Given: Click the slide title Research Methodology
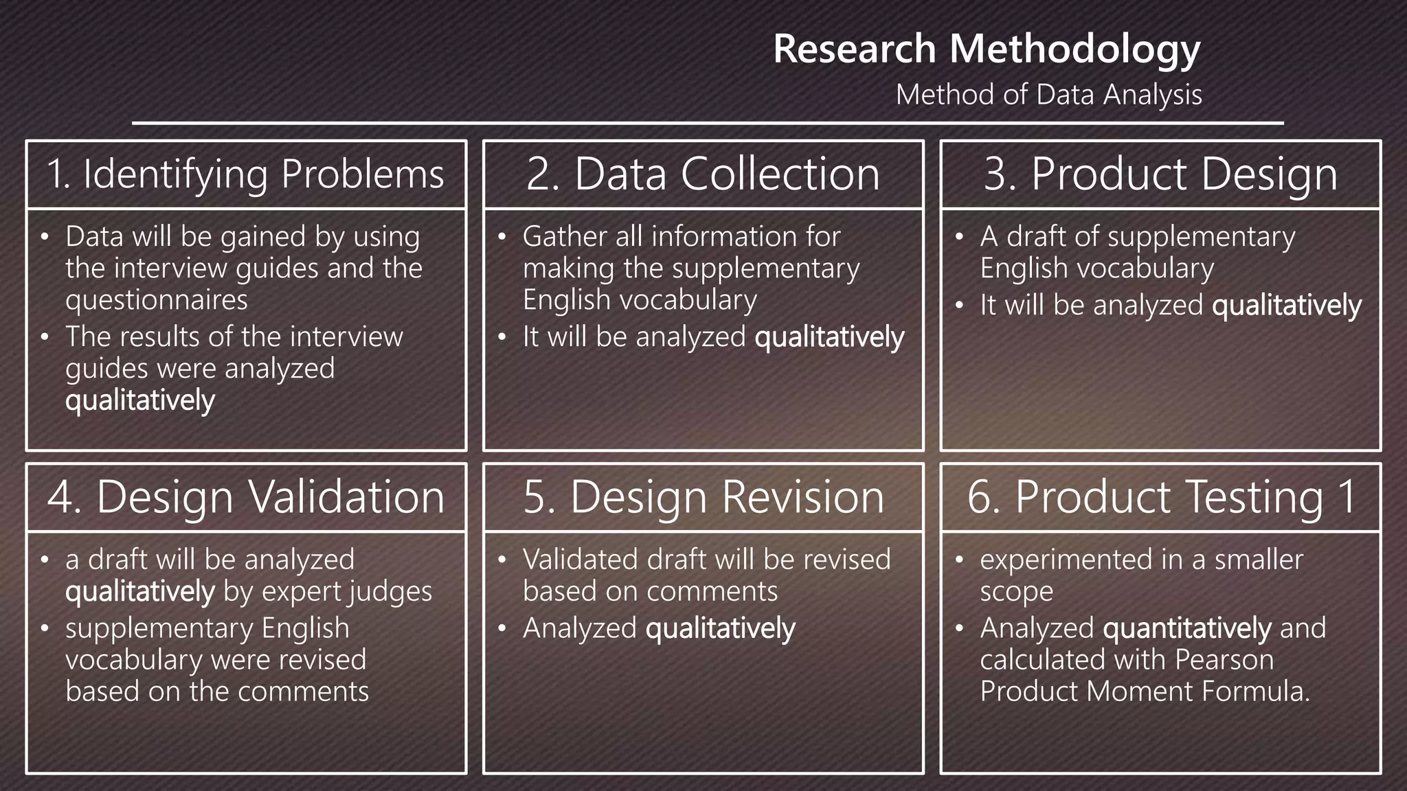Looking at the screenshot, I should pos(987,49).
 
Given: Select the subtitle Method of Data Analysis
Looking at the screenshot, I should pos(1048,95).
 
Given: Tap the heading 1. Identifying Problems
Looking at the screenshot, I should pos(245,174).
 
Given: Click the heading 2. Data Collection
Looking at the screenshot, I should pos(703,174).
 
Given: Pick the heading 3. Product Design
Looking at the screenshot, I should pos(1160,174).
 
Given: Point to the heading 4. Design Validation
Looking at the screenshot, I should pos(245,497).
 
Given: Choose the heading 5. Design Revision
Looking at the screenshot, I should pos(703,497).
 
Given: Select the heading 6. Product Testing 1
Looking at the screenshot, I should pos(1160,497).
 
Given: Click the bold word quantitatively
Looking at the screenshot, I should pos(1187,629).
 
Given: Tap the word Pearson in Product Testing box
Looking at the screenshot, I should pos(1224,660).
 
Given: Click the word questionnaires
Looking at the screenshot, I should pos(157,300).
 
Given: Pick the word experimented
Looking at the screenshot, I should pos(1066,560).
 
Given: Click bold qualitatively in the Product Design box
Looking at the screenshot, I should pos(1286,306).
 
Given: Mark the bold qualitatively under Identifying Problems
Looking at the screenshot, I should pos(140,400).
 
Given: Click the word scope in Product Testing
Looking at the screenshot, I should pos(1016,592).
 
